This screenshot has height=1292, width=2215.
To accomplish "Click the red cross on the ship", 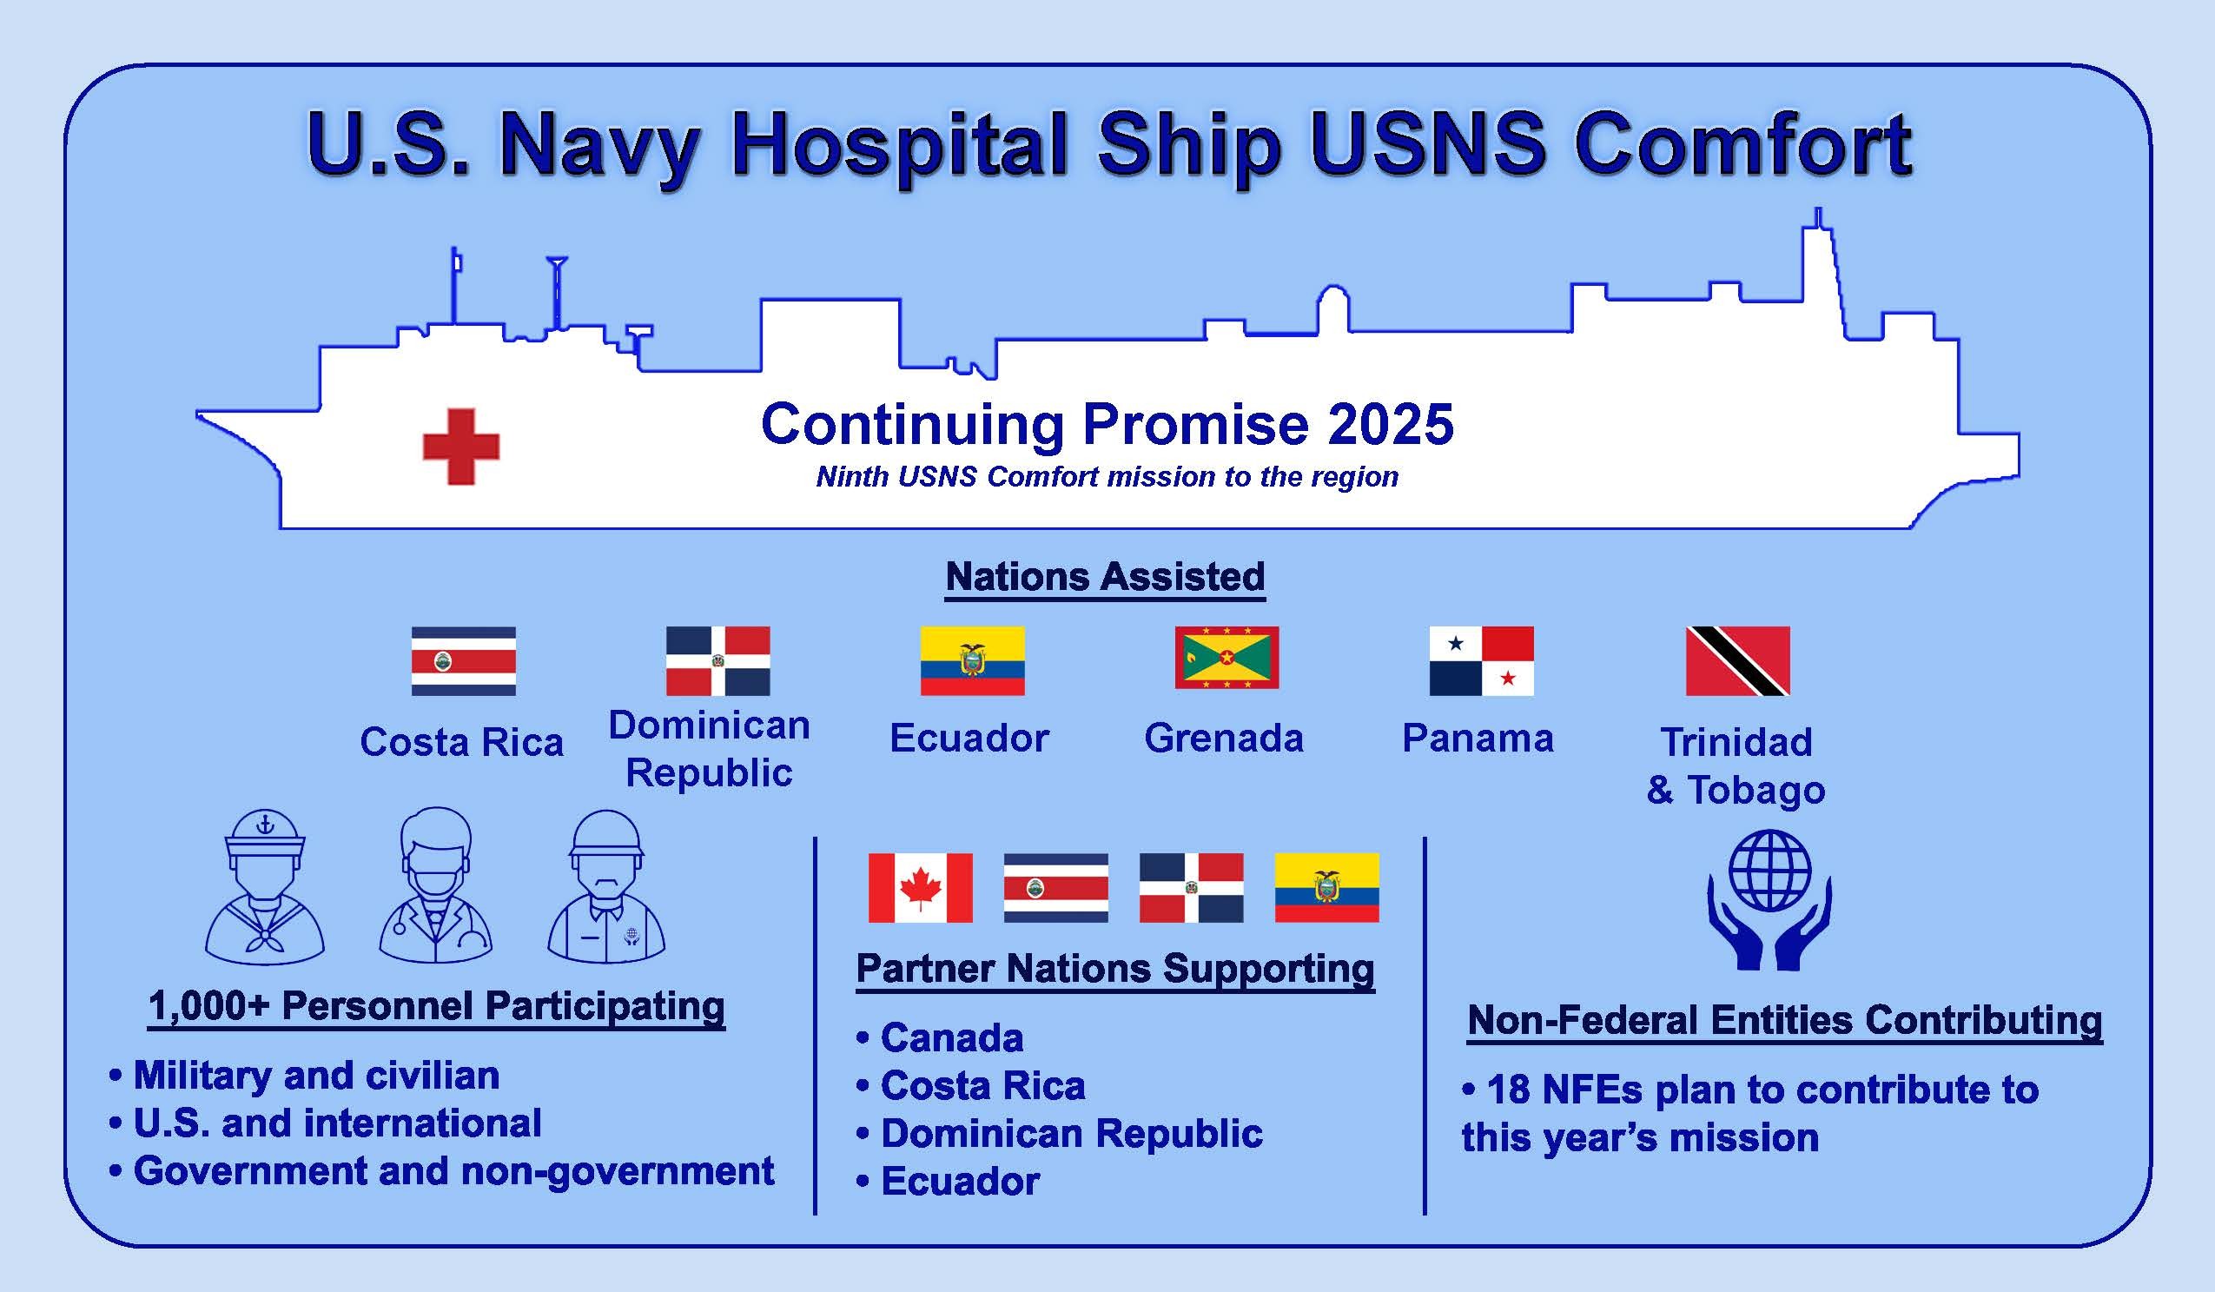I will pos(460,447).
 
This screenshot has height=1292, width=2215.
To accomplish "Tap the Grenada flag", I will pos(1227,658).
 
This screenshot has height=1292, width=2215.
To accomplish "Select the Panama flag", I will pos(1481,661).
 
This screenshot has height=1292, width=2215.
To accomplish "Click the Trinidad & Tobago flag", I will pos(1737,661).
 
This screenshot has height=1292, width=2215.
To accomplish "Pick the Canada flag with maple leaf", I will pos(919,888).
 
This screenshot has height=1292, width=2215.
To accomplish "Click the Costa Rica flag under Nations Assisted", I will pos(463,661).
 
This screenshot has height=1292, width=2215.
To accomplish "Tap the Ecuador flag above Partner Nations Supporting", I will pos(1326,888).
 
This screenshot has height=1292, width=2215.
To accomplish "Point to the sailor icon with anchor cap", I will pos(265,888).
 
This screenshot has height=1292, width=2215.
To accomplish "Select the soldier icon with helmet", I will pos(606,888).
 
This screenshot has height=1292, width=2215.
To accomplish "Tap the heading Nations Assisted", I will pos(1105,578).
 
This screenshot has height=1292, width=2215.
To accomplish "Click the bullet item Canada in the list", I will pos(951,1038).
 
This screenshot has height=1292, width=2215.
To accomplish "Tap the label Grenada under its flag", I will pos(1224,739).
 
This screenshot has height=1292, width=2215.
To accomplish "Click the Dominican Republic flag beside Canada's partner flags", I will pos(1191,888).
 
